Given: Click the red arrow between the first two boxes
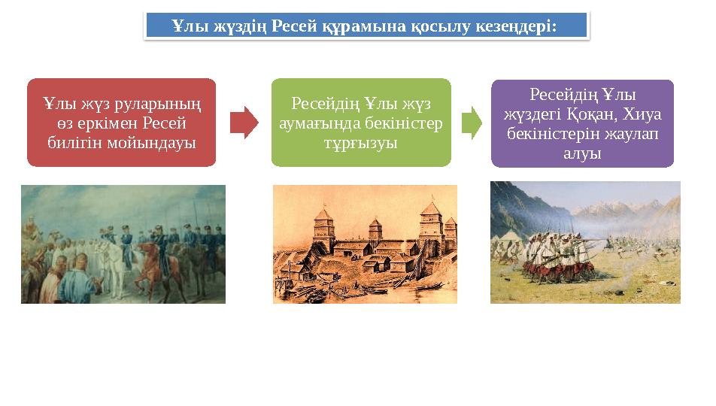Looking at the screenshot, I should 244,123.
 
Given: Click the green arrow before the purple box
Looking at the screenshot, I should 472,123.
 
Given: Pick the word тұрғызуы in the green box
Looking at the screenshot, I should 361,142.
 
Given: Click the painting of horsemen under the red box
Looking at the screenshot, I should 123,244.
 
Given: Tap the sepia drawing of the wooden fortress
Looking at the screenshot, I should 365,244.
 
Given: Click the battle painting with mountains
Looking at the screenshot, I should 585,242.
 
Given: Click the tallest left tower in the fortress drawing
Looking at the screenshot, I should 324,226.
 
